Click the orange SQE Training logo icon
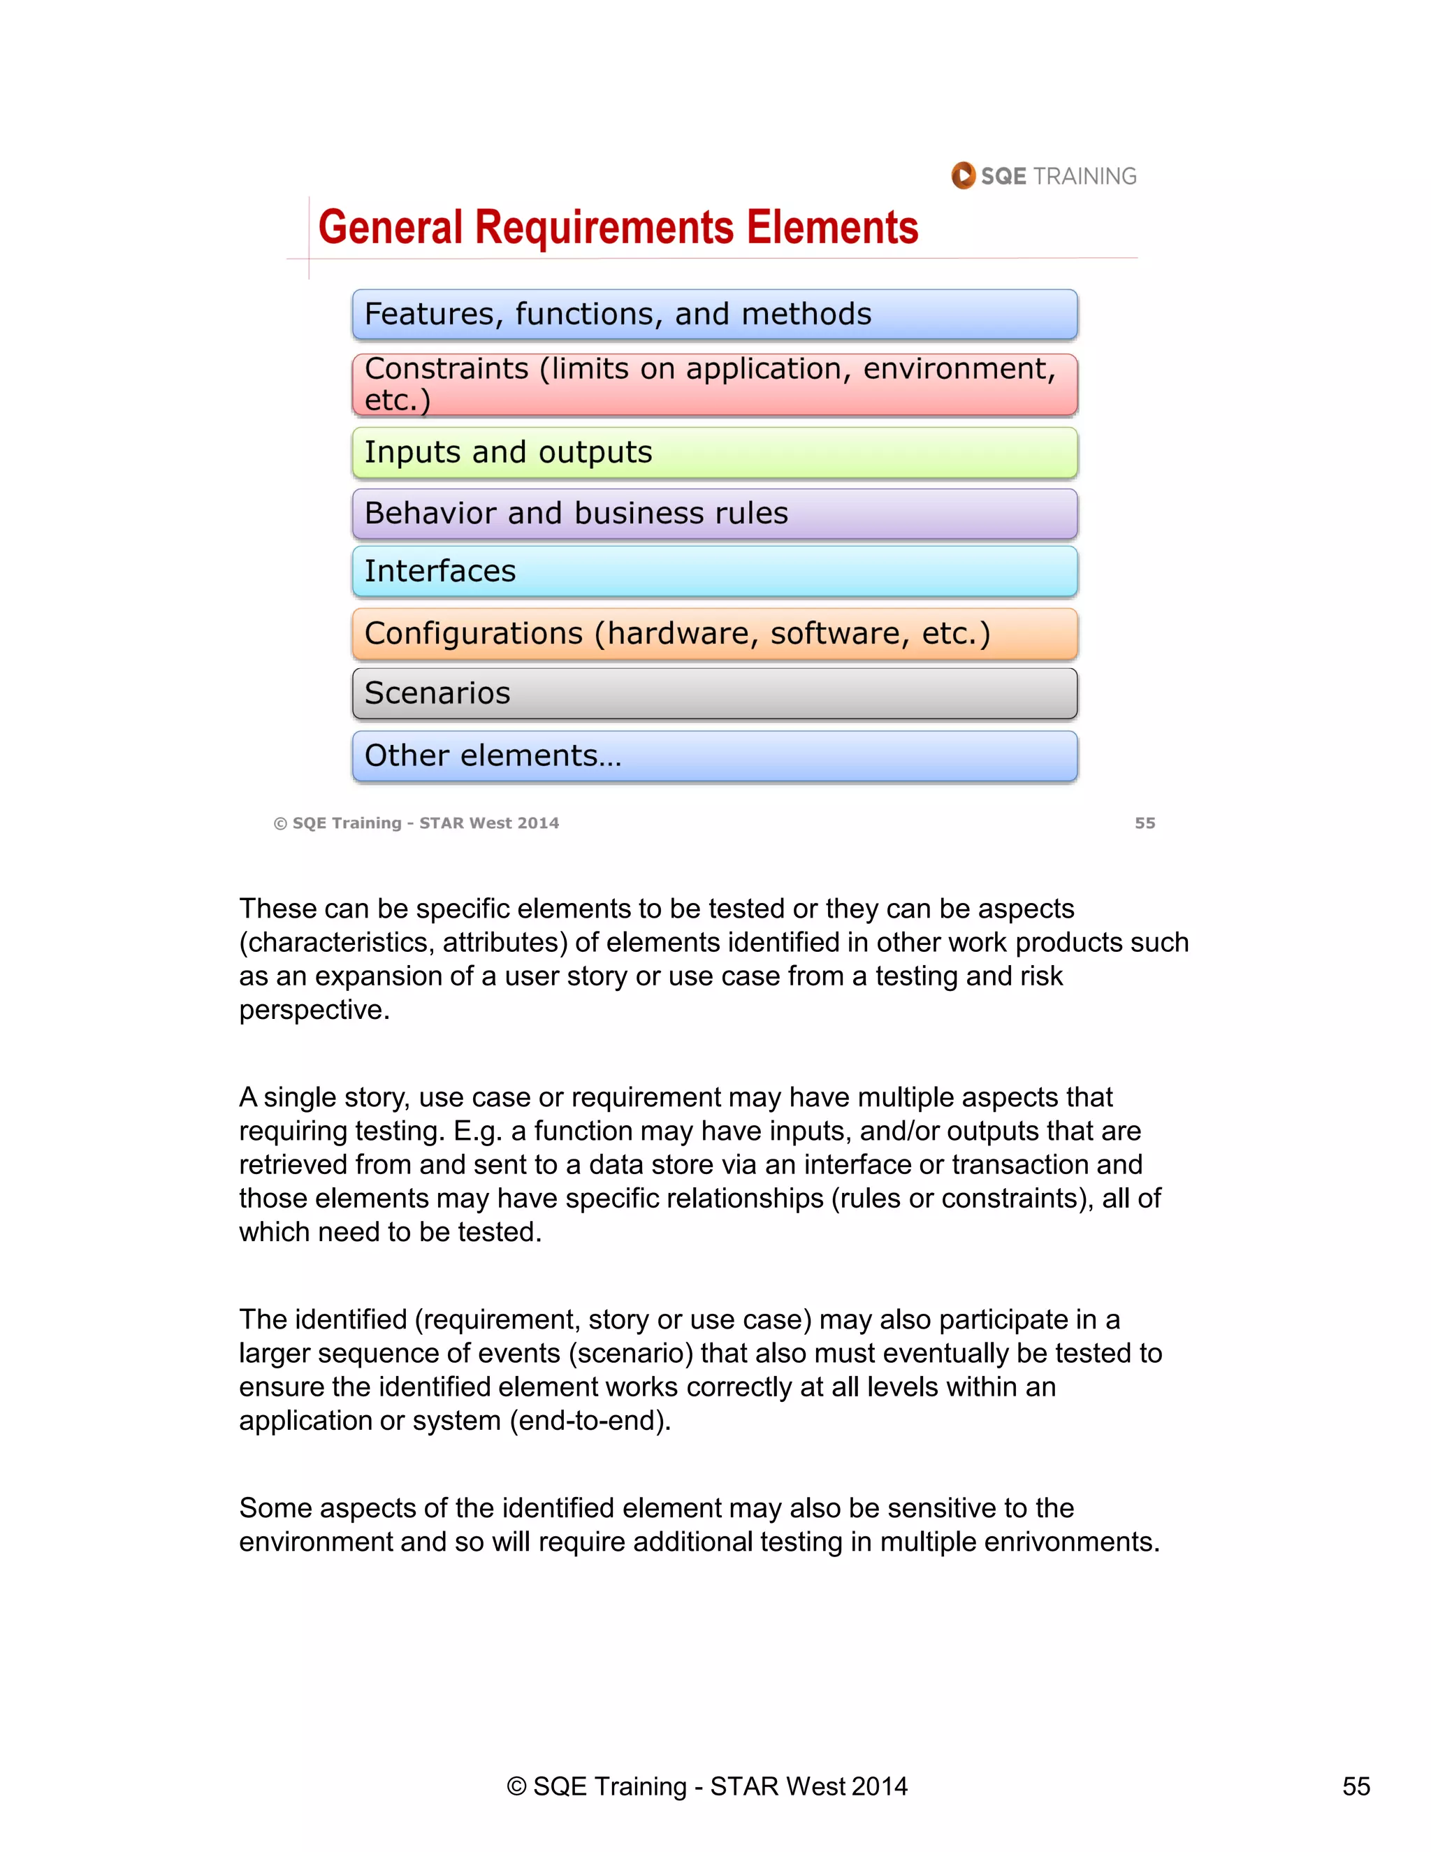963,175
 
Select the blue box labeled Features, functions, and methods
715,314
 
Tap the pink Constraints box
715,385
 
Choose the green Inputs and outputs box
715,453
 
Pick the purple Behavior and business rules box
715,514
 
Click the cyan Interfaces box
715,572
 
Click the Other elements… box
715,755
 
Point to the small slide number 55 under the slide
1145,823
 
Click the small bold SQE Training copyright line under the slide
416,823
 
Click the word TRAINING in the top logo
1084,176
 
